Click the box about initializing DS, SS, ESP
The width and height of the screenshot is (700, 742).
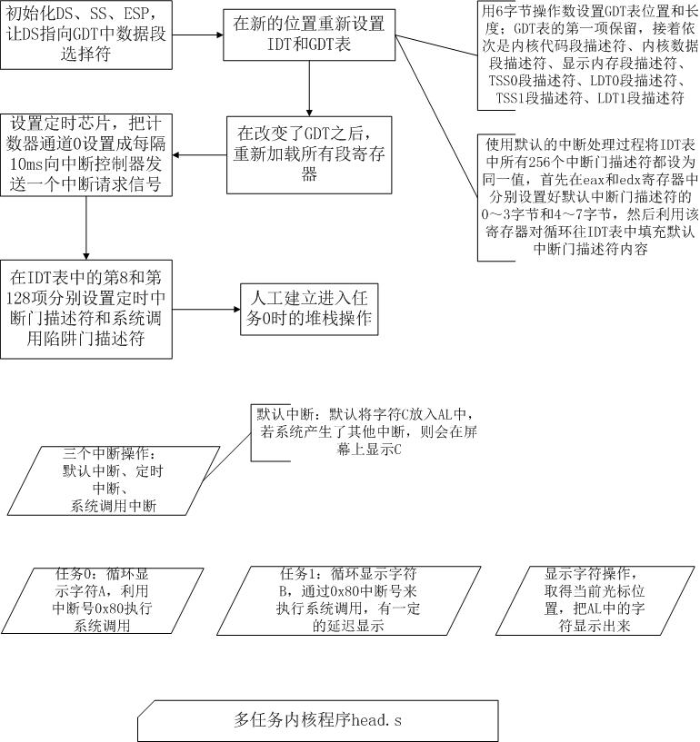86,35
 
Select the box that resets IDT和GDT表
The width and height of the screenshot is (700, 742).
309,35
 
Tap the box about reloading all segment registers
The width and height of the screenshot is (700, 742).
309,155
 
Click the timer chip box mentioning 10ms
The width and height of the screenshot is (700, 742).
86,154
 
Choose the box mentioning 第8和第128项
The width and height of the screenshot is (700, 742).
86,309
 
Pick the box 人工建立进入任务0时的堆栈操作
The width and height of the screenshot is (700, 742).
309,310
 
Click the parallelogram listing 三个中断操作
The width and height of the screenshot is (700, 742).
114,480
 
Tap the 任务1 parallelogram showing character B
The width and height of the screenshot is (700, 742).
348,600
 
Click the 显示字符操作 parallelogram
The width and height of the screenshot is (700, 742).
595,600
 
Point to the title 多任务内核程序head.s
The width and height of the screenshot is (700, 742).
318,720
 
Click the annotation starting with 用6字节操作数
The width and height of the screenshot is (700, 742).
589,54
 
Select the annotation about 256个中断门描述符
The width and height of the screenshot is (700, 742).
589,197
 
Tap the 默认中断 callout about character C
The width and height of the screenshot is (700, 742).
365,432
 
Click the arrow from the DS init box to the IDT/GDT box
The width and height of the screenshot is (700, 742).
198,35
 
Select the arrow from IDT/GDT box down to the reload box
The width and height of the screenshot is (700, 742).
309,88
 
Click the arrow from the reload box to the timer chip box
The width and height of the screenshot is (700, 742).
199,154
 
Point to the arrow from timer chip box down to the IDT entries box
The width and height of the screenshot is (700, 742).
86,228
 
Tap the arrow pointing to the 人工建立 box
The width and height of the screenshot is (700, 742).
206,310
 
